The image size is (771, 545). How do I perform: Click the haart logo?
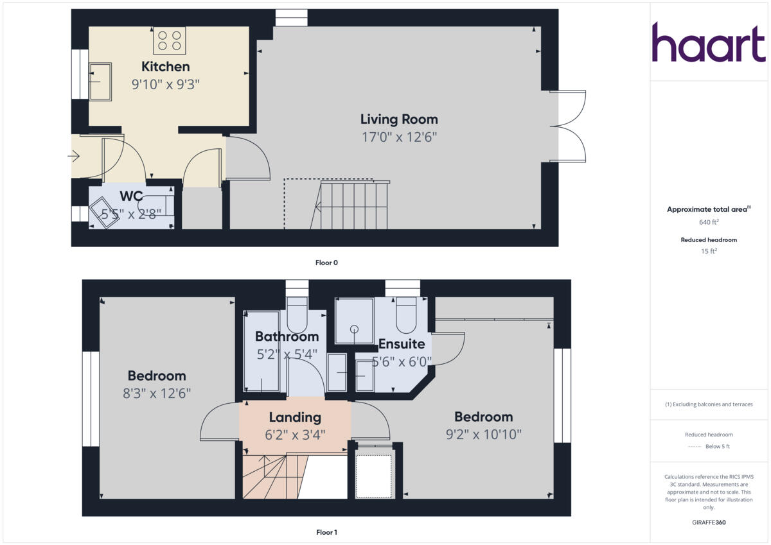(x=709, y=43)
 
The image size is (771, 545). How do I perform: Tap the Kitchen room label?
(x=165, y=67)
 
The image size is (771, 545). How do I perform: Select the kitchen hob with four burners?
(x=169, y=40)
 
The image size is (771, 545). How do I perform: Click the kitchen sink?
(x=100, y=82)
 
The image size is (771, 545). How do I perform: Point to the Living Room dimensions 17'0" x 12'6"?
(x=398, y=137)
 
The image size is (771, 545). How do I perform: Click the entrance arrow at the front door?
(x=74, y=155)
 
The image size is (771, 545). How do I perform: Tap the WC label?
(x=131, y=196)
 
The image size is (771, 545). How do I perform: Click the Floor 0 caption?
(x=326, y=263)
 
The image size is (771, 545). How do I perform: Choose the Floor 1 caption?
(x=326, y=532)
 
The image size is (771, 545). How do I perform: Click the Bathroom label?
(x=287, y=336)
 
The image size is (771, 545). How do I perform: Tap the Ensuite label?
(x=401, y=343)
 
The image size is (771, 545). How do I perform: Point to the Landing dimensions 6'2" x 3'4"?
(x=295, y=434)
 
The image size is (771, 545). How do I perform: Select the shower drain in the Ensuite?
(x=353, y=329)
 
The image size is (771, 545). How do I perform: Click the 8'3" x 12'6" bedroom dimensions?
(x=157, y=393)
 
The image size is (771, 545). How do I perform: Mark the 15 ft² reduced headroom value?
(x=709, y=252)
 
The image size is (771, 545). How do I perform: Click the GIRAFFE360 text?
(x=709, y=523)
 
